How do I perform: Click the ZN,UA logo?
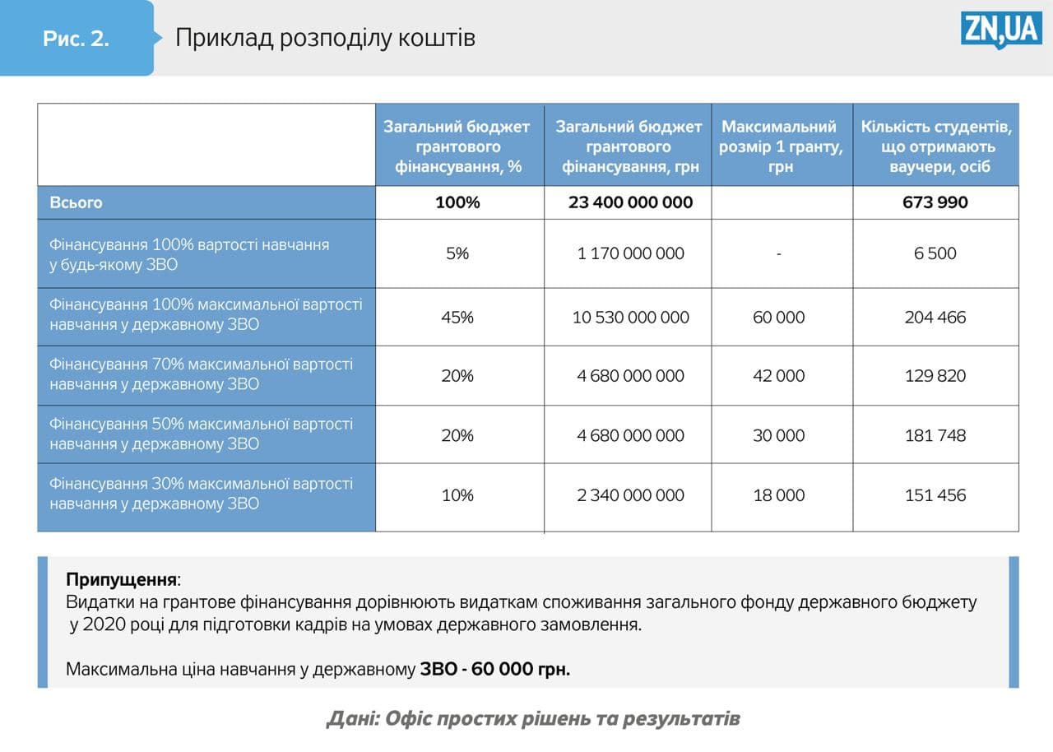pyautogui.click(x=1001, y=30)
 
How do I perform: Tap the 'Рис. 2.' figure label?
pyautogui.click(x=76, y=39)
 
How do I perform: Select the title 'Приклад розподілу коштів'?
pyautogui.click(x=325, y=38)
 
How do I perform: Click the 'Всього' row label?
pyautogui.click(x=77, y=202)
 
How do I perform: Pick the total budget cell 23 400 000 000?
pyautogui.click(x=630, y=202)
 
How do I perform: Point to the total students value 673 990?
pyautogui.click(x=935, y=202)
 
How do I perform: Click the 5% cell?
pyautogui.click(x=457, y=253)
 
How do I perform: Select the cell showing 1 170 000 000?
pyautogui.click(x=630, y=253)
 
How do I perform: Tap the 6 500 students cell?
pyautogui.click(x=935, y=253)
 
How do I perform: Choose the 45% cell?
pyautogui.click(x=457, y=318)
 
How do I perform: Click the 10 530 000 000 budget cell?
pyautogui.click(x=630, y=318)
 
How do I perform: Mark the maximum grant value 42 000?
pyautogui.click(x=778, y=376)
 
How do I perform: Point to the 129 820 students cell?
pyautogui.click(x=935, y=376)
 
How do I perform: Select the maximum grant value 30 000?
pyautogui.click(x=778, y=435)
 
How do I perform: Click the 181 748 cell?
pyautogui.click(x=935, y=435)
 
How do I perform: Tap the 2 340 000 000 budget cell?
pyautogui.click(x=630, y=495)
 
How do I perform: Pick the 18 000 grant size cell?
pyautogui.click(x=778, y=495)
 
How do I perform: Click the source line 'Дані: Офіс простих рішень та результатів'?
pyautogui.click(x=533, y=718)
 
